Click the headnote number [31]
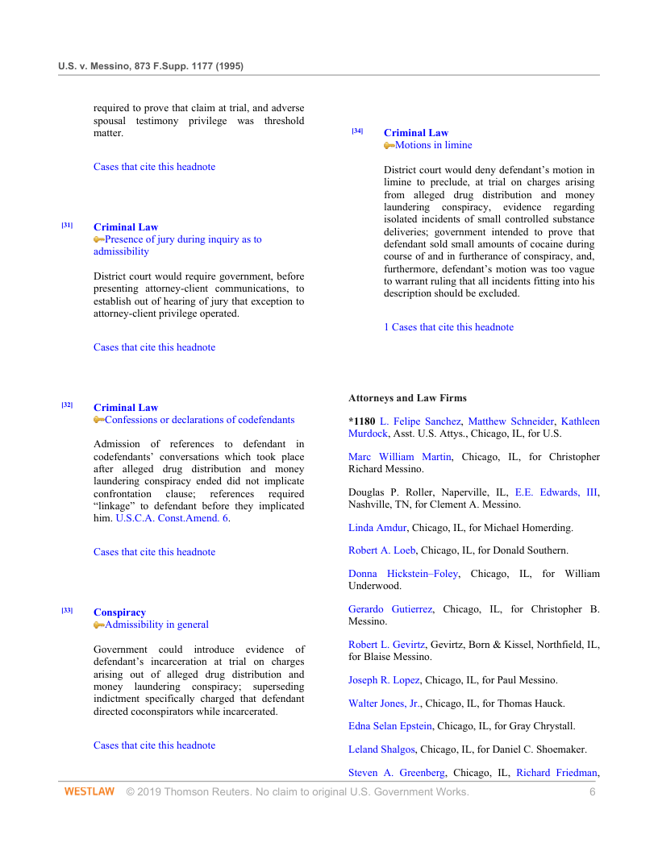[67, 225]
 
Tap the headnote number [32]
[67, 405]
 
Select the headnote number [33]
[67, 610]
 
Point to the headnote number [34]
[357, 131]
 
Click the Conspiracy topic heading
[119, 612]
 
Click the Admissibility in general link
[156, 625]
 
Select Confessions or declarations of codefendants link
[199, 420]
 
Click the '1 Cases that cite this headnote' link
[448, 327]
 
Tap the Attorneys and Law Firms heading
[407, 398]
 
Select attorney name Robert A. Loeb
[381, 550]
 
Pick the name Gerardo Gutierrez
[390, 609]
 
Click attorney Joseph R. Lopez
[384, 680]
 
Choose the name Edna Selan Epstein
[389, 726]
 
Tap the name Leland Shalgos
[381, 749]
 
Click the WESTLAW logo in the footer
[90, 792]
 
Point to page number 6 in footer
[592, 792]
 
